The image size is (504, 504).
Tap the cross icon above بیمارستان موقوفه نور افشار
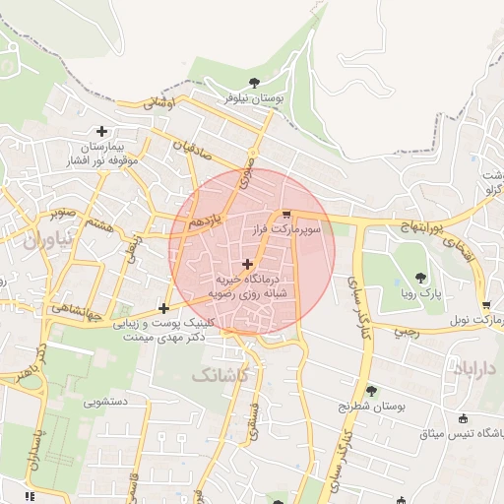[101, 131]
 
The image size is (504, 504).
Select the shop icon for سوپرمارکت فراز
[285, 214]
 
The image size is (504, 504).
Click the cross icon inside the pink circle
[246, 263]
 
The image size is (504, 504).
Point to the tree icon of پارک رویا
[421, 278]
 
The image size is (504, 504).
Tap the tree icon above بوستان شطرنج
[371, 391]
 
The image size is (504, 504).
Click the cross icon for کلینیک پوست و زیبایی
[163, 309]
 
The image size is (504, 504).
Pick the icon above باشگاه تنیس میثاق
[463, 419]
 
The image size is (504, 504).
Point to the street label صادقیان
[193, 151]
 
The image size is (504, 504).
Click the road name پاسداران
[36, 441]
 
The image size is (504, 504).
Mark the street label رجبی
[407, 332]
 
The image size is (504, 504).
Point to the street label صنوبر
[61, 212]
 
